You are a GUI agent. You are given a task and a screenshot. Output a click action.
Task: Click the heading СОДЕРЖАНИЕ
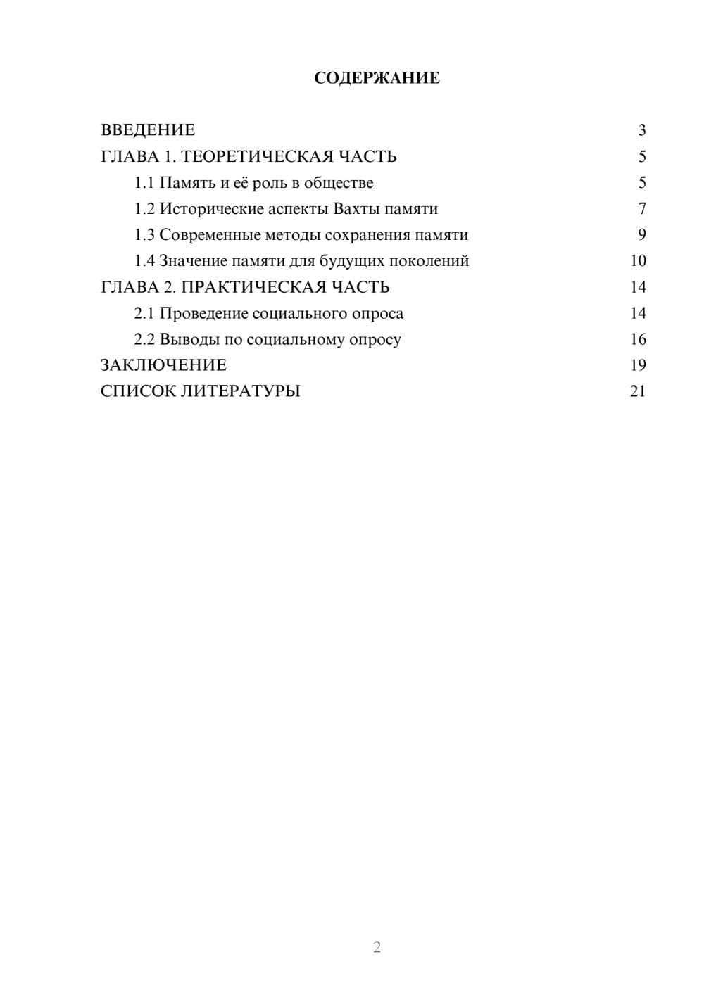(377, 78)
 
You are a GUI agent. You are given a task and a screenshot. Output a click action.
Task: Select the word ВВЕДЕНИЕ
(148, 130)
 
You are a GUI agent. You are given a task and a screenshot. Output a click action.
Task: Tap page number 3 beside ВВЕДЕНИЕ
(641, 130)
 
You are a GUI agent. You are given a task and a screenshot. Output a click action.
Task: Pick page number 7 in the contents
(641, 209)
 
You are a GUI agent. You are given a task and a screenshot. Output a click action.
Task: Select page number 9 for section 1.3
(641, 235)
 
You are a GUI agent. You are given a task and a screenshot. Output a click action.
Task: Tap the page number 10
(638, 261)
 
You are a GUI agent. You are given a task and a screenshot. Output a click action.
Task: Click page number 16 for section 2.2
(638, 340)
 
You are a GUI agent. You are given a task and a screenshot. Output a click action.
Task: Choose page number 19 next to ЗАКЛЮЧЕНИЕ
(638, 365)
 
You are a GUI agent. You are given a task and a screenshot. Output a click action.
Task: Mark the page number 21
(638, 391)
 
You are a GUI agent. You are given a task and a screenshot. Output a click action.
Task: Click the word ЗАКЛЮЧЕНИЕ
(163, 365)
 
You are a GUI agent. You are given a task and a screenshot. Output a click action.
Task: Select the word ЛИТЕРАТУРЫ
(241, 391)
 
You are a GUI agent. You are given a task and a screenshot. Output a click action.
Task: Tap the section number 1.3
(144, 235)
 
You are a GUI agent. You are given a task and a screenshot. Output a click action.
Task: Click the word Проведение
(203, 314)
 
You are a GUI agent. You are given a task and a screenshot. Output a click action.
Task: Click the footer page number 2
(377, 947)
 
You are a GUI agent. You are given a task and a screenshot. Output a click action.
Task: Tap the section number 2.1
(144, 314)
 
